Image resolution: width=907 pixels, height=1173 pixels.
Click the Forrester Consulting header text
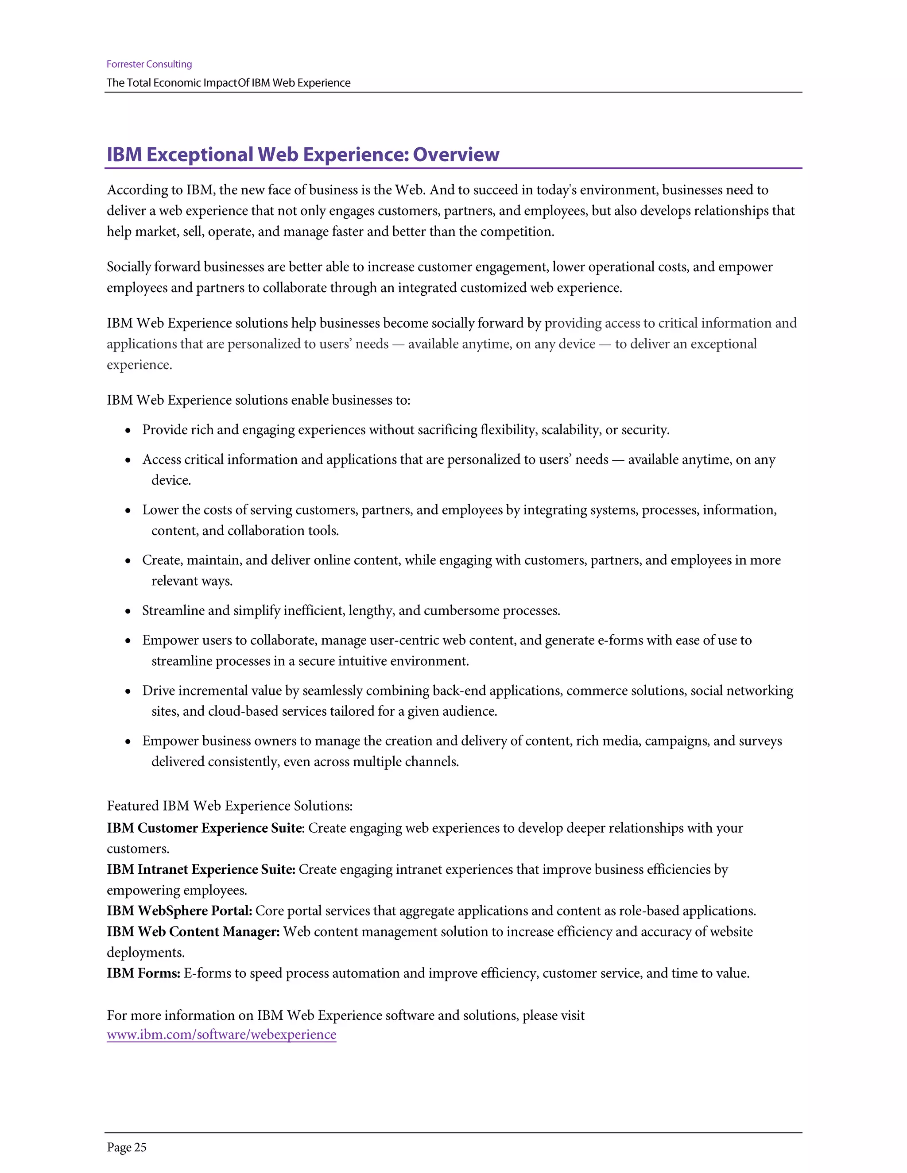tap(149, 64)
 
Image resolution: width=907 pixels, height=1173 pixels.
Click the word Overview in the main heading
tap(456, 154)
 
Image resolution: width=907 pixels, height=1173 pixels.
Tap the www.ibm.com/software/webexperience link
tap(221, 1034)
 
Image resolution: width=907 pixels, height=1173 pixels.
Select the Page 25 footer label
tap(126, 1147)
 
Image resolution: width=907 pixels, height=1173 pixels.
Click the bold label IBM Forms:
tap(143, 973)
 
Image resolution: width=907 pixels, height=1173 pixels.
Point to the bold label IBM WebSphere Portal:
tap(179, 911)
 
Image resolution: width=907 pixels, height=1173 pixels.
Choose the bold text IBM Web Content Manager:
tap(193, 932)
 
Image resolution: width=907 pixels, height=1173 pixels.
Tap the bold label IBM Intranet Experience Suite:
tap(201, 869)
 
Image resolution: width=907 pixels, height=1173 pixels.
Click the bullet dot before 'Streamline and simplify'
tap(128, 612)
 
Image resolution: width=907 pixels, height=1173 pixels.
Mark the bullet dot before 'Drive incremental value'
tap(128, 692)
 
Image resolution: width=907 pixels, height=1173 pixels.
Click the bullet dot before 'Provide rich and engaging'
tap(128, 431)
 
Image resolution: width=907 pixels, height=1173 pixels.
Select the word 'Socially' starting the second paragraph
tap(128, 267)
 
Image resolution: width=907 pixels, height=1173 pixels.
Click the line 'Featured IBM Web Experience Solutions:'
tap(229, 806)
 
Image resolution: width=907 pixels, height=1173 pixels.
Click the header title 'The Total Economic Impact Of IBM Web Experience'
tap(229, 83)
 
